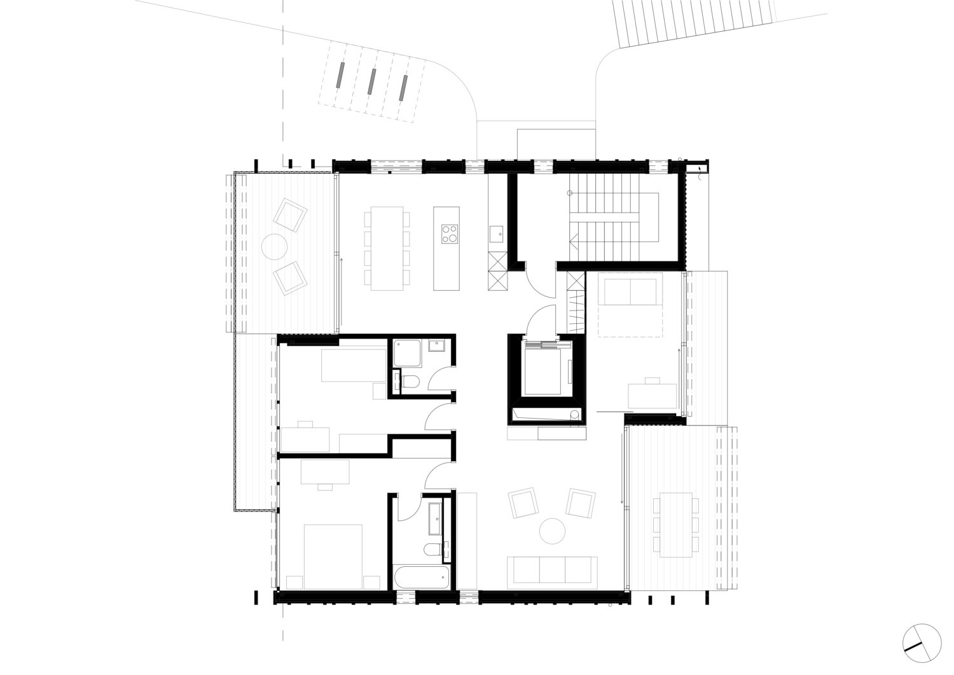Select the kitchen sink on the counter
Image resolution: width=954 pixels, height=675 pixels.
497,233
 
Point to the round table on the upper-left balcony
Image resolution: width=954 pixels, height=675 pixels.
274,246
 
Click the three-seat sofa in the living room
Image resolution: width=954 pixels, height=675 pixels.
552,570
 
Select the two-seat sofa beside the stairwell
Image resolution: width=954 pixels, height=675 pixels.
630,292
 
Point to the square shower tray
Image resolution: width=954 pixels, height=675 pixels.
406,353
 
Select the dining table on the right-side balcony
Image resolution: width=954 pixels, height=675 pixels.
675,524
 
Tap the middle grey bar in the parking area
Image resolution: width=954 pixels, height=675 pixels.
371,81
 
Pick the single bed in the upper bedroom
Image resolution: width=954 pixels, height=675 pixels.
353,365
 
